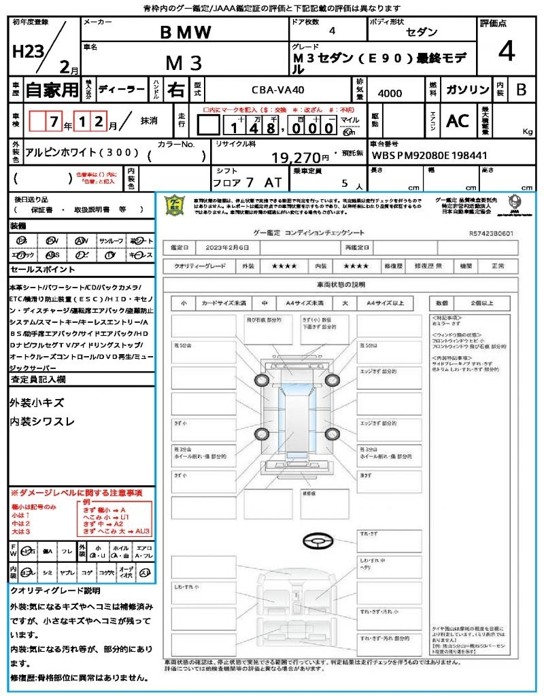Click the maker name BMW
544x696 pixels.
(186, 32)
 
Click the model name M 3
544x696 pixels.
(184, 63)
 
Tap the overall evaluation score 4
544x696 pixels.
(505, 52)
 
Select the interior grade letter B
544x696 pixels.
(521, 89)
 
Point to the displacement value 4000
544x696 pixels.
(390, 93)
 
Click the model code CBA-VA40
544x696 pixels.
(279, 90)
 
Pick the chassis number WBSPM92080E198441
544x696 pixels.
(420, 154)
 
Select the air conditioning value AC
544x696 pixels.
(458, 121)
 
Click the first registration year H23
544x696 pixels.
(27, 52)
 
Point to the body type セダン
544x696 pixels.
(422, 32)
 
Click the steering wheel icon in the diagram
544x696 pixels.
(316, 542)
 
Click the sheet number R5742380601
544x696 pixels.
(491, 233)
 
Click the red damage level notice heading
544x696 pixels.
(76, 492)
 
